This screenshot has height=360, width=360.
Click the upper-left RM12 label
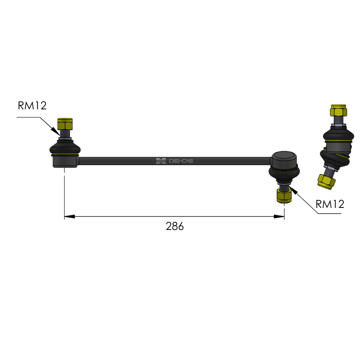(x=32, y=106)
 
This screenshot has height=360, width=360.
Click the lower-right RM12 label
(x=330, y=204)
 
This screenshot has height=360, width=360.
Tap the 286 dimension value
(x=175, y=226)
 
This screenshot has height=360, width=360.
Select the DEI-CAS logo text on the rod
(x=181, y=161)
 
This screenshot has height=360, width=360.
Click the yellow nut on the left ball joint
(x=65, y=124)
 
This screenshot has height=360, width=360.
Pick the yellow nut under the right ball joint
(x=284, y=197)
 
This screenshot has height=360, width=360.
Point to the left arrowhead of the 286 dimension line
(x=69, y=216)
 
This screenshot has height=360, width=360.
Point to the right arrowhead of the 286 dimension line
(x=279, y=216)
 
